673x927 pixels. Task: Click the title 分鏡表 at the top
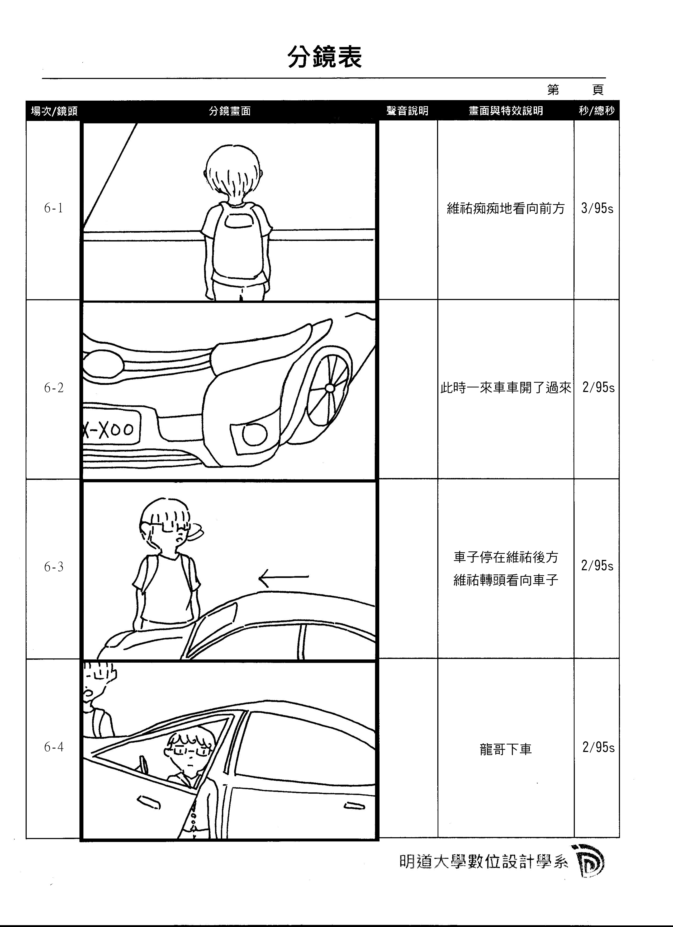(x=325, y=57)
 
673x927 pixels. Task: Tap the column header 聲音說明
(x=407, y=111)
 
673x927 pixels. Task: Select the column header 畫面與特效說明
(x=506, y=111)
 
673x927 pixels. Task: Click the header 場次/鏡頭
(x=54, y=111)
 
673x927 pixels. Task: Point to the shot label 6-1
(x=54, y=208)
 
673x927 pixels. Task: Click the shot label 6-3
(x=54, y=567)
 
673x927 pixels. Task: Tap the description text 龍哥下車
(x=506, y=750)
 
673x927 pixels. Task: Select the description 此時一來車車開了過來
(x=506, y=387)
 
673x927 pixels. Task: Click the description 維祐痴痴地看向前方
(x=506, y=208)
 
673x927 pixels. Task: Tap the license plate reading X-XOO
(x=111, y=429)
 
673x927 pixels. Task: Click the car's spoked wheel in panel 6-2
(x=329, y=387)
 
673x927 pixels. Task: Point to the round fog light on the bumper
(x=255, y=435)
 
